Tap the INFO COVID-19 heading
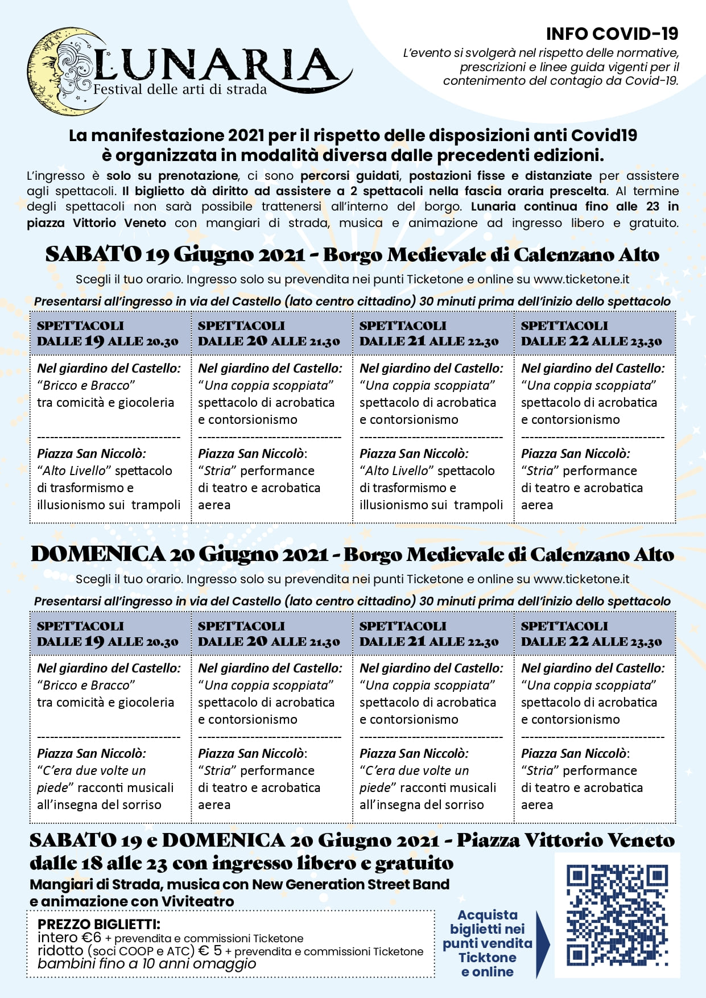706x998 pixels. pyautogui.click(x=612, y=34)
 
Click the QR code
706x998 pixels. pyautogui.click(x=617, y=914)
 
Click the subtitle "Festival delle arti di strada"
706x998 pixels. pyautogui.click(x=180, y=89)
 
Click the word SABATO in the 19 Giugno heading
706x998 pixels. pyautogui.click(x=93, y=254)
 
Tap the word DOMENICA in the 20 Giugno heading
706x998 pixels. pyautogui.click(x=97, y=554)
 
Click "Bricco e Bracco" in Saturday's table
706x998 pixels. pyautogui.click(x=86, y=385)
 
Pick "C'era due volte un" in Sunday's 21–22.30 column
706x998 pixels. pyautogui.click(x=415, y=770)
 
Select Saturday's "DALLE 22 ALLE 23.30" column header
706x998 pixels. pyautogui.click(x=592, y=334)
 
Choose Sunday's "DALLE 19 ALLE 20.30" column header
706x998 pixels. pyautogui.click(x=108, y=634)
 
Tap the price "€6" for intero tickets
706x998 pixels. pyautogui.click(x=91, y=937)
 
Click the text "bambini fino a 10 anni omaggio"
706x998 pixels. pyautogui.click(x=147, y=964)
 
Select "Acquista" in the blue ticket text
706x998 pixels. pyautogui.click(x=488, y=915)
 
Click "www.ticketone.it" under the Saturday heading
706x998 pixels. pyautogui.click(x=581, y=279)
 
